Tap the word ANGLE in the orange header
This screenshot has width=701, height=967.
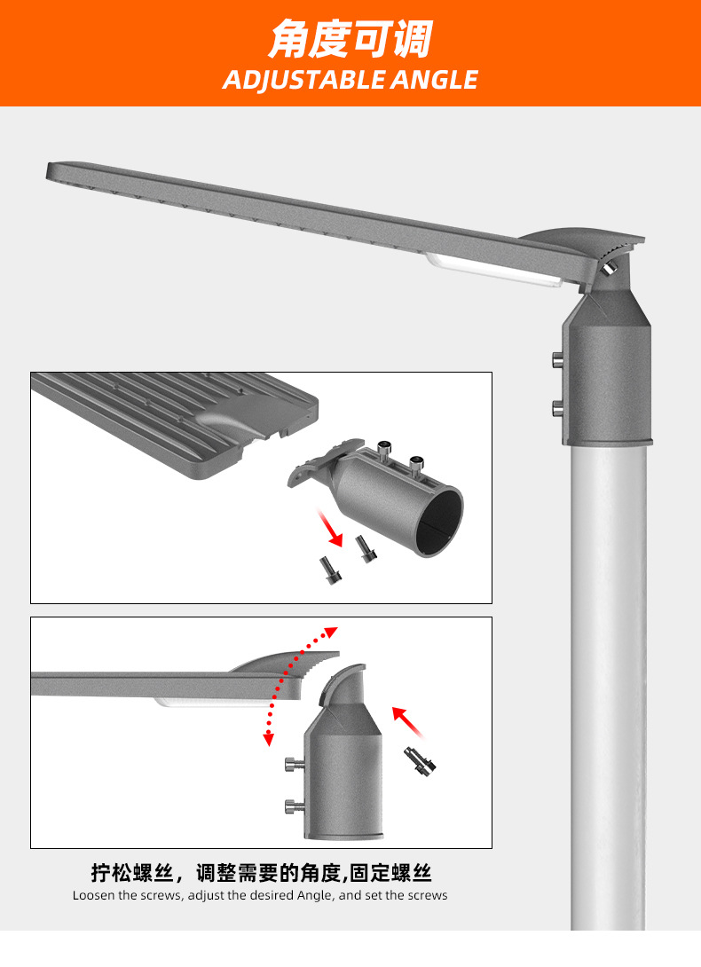(435, 80)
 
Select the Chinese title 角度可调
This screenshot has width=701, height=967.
(350, 39)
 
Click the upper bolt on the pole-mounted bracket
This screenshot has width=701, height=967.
(558, 358)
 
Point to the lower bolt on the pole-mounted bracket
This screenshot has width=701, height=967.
(558, 407)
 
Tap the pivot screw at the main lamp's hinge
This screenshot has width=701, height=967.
(610, 267)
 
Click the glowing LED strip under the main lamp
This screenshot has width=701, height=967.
(493, 270)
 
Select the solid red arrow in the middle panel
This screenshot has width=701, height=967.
(329, 527)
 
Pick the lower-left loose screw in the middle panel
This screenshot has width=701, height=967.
(329, 570)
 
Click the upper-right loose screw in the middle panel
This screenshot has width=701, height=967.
(366, 548)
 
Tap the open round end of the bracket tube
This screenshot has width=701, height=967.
(438, 521)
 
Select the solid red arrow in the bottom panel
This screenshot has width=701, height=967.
(408, 721)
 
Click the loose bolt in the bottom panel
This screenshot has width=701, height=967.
(420, 761)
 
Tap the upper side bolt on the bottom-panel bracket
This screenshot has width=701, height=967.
(295, 765)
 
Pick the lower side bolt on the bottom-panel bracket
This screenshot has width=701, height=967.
(295, 806)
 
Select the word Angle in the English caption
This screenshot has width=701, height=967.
(314, 896)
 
